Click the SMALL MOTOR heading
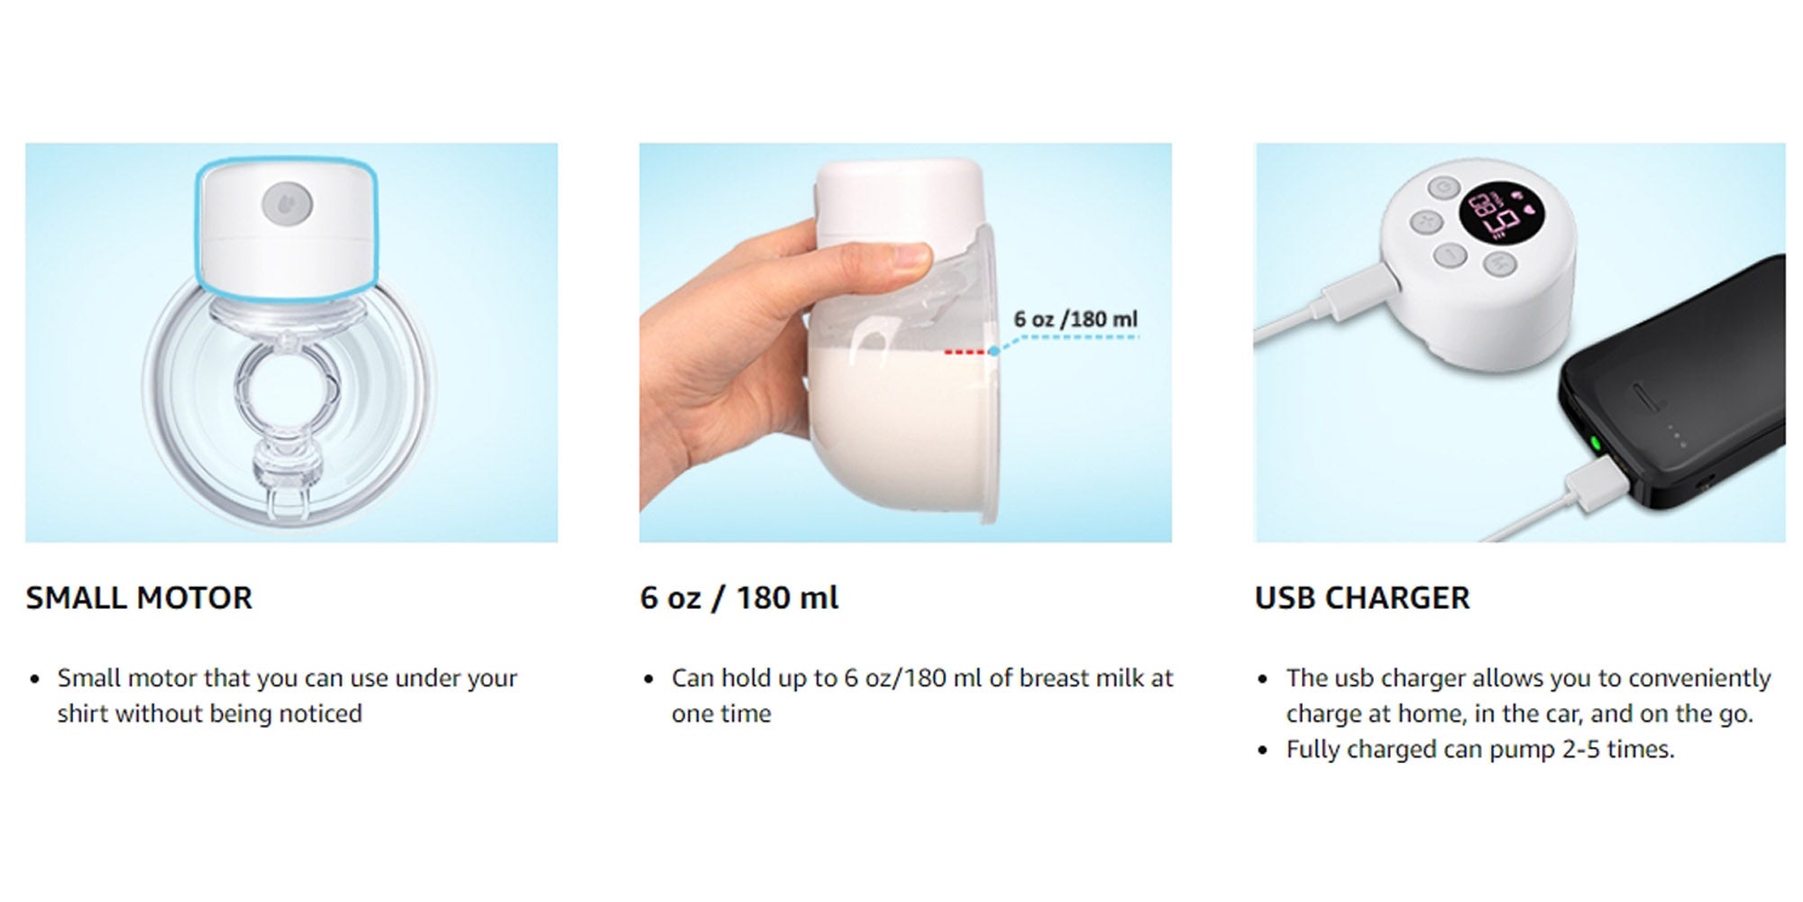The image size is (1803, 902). [x=139, y=598]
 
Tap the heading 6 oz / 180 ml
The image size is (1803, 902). [x=739, y=598]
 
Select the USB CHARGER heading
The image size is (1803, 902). [x=1362, y=598]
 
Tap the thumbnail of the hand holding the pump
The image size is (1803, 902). [x=905, y=343]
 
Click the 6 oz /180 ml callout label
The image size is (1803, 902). [x=1075, y=319]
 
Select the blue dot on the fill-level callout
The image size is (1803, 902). [x=993, y=351]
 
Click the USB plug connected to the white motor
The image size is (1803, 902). [x=1362, y=289]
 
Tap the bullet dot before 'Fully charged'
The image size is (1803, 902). [x=1263, y=751]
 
